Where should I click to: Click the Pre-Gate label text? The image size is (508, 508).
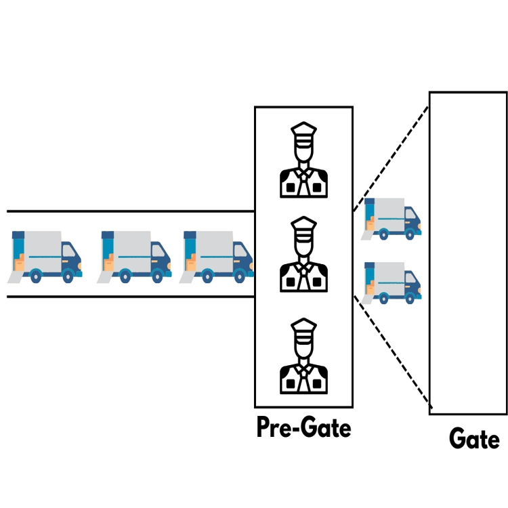(x=303, y=427)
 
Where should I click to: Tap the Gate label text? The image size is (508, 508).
(x=474, y=440)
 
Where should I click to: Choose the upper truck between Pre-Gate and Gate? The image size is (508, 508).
(x=392, y=218)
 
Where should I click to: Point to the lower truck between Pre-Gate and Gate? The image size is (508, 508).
(x=392, y=281)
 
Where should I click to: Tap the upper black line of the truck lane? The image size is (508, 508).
(x=129, y=211)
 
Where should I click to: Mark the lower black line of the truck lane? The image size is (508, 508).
(x=129, y=297)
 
